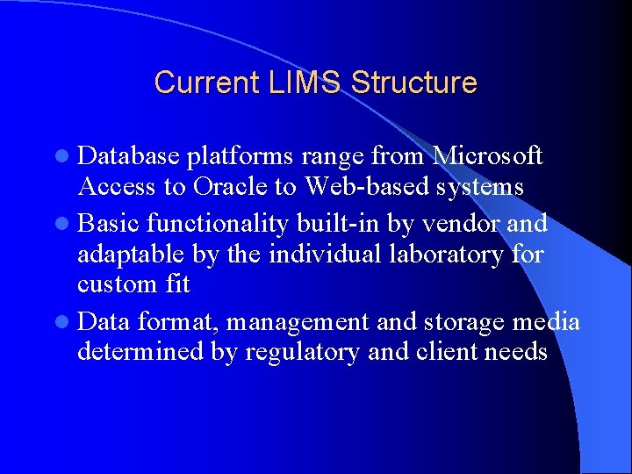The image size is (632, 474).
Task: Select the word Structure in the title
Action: tap(413, 83)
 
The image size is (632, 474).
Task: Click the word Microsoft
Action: tap(489, 156)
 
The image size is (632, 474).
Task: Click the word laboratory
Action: tap(442, 255)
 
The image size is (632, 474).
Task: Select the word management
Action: tap(298, 322)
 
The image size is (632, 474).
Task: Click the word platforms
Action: tap(240, 156)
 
